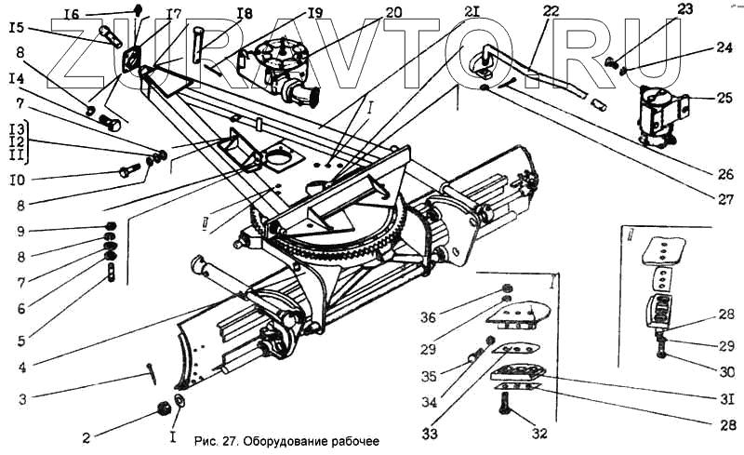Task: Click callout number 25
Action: (724, 96)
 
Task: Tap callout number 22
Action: (551, 12)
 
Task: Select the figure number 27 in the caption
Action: (228, 440)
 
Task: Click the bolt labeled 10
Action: (126, 170)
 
